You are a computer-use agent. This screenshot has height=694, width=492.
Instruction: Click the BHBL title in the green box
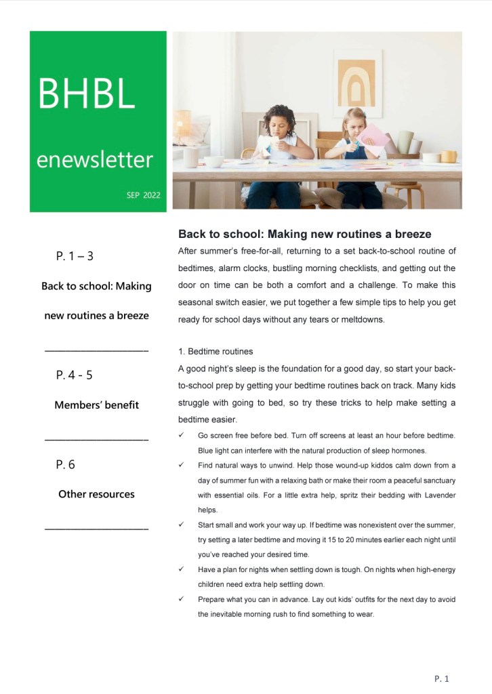[x=86, y=94]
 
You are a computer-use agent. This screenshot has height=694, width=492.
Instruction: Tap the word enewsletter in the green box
[x=94, y=160]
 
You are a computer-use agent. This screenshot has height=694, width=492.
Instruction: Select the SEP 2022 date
[x=143, y=195]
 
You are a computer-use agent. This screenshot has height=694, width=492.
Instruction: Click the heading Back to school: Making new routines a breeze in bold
[x=304, y=234]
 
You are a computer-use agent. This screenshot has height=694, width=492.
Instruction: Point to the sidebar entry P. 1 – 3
[x=75, y=256]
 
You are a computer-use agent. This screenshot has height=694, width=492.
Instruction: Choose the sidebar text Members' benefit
[x=96, y=405]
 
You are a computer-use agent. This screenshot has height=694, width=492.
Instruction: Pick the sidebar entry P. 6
[x=66, y=464]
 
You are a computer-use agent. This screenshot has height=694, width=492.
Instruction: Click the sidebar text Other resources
[x=96, y=494]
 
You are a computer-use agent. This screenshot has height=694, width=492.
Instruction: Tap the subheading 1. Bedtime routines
[x=216, y=352]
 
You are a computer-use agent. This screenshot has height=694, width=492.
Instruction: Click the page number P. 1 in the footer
[x=442, y=678]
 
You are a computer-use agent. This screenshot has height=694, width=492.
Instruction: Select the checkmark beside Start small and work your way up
[x=182, y=525]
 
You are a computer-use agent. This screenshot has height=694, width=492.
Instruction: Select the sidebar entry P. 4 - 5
[x=75, y=375]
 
